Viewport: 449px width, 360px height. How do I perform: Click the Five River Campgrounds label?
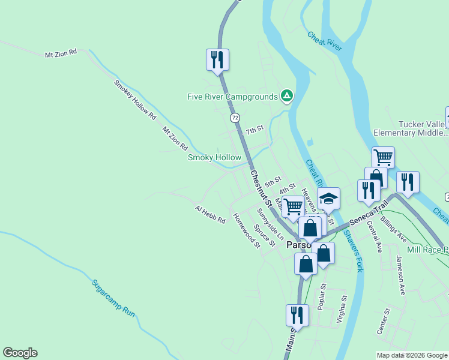click(x=232, y=97)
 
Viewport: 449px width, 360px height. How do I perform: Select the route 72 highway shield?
click(x=235, y=118)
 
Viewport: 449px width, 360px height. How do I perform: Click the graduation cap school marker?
click(x=329, y=198)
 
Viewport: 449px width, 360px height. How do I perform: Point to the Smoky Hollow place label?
click(x=214, y=158)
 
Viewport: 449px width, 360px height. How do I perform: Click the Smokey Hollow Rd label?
click(x=135, y=98)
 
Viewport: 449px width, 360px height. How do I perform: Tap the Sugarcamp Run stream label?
click(x=114, y=298)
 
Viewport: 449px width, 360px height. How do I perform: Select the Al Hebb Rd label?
click(x=209, y=214)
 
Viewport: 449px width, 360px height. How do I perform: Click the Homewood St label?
click(x=246, y=230)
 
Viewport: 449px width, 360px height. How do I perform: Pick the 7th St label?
click(x=255, y=130)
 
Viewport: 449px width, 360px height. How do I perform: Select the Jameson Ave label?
click(x=400, y=275)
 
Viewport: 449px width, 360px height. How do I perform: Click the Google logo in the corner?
click(x=20, y=353)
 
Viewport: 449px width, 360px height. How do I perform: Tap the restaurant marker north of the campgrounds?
click(x=217, y=59)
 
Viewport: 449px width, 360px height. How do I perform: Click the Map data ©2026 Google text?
click(x=412, y=355)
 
